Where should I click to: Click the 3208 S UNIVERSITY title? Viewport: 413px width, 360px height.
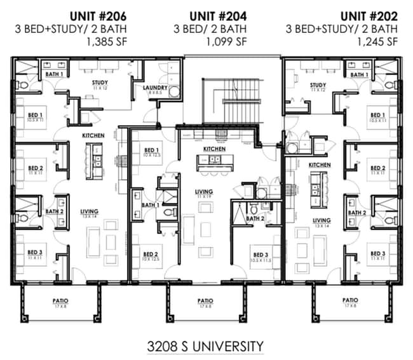205,346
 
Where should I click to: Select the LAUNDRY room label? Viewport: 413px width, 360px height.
154,88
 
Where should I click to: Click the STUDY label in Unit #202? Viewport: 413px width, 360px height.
318,85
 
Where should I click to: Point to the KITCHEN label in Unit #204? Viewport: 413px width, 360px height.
214,149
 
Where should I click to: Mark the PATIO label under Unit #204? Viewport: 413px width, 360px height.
205,300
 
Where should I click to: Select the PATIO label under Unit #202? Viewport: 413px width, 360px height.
349,300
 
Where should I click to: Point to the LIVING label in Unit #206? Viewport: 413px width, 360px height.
88,213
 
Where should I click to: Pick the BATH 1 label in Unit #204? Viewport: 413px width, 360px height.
150,205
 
